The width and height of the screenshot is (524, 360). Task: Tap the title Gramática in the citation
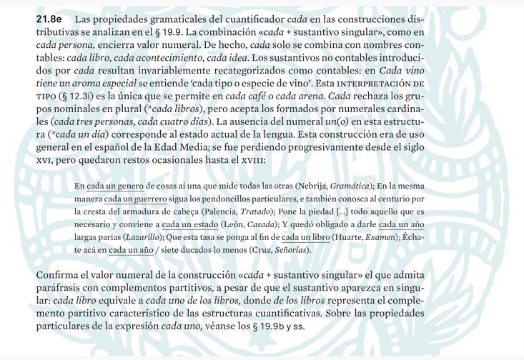point(348,186)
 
